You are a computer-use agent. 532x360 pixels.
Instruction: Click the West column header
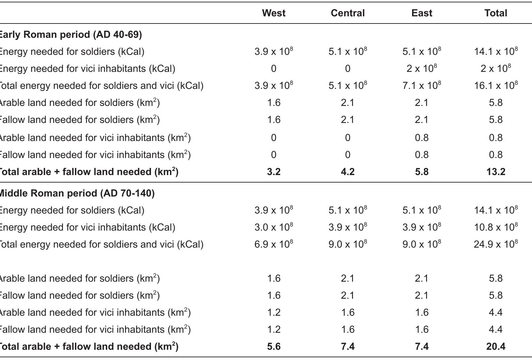[274, 13]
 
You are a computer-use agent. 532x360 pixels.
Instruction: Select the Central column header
[348, 13]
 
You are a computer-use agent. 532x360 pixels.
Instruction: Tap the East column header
[422, 13]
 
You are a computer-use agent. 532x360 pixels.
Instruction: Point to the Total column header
[496, 13]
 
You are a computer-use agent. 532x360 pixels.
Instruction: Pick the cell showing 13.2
[496, 172]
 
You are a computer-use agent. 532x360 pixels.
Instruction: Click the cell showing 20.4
[496, 347]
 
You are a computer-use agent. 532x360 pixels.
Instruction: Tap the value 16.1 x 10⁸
[496, 85]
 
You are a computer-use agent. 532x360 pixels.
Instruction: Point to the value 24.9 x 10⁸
[496, 244]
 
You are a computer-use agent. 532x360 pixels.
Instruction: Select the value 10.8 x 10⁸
[496, 227]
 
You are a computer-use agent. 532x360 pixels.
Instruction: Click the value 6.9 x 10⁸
[274, 244]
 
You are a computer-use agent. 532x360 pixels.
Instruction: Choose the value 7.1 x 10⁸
[422, 85]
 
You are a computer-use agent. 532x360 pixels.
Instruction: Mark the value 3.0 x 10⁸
[274, 227]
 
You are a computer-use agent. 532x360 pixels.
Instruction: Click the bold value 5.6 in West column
[274, 347]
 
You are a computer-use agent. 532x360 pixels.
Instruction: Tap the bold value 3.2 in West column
[274, 172]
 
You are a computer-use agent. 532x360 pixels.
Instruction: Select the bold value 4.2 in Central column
[348, 172]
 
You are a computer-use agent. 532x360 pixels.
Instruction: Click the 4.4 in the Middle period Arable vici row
[496, 313]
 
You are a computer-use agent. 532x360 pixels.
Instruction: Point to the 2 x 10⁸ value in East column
[422, 69]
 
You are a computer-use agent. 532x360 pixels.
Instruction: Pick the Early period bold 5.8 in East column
[422, 172]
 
